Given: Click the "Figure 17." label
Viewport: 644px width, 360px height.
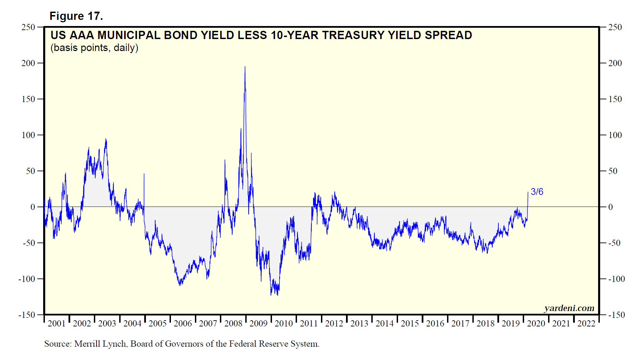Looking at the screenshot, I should point(76,16).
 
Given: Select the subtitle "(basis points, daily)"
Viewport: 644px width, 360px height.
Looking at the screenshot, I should point(94,48).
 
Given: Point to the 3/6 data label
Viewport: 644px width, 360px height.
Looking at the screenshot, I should point(537,192).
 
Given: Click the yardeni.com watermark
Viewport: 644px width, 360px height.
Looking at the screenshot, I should point(569,308).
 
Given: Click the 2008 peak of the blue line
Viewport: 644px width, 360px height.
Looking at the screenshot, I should point(245,67).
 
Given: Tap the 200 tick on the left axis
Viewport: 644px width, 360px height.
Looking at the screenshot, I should point(28,63).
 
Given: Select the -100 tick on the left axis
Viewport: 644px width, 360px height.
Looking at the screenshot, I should point(27,279).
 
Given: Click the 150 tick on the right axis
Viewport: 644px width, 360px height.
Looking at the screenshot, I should point(615,99).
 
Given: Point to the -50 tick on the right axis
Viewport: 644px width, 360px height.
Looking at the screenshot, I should point(614,243).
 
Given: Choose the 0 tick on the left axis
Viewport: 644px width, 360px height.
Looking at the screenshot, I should point(33,207).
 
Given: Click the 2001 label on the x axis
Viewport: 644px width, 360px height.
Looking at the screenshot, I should point(57,323).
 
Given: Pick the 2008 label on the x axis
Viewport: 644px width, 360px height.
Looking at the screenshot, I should point(233,323).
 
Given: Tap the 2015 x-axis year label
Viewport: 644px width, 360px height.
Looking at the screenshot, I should point(410,323).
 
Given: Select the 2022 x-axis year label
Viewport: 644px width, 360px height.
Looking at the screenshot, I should point(586,323).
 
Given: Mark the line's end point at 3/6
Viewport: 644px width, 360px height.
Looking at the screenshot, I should point(528,192).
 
